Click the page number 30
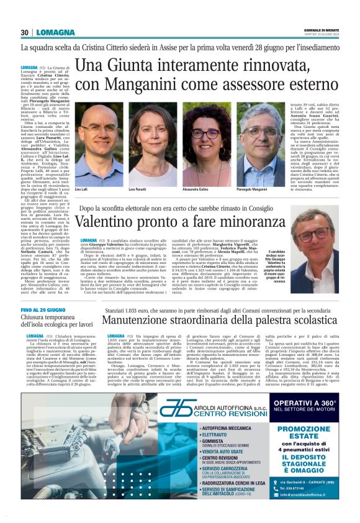pos(25,32)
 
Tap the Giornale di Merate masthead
pos(321,31)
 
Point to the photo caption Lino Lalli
pos(81,188)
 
